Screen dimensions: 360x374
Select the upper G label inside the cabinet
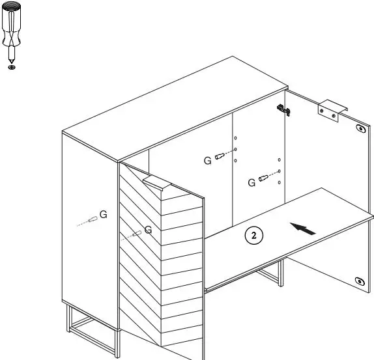coord(207,161)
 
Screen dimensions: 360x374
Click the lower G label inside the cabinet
coord(252,184)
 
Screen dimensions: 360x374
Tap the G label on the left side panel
coord(102,215)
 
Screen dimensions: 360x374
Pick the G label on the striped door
coord(148,229)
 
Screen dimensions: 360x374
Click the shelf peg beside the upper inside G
coord(224,156)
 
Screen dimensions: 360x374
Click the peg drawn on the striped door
coord(136,234)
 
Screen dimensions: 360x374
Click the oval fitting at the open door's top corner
coord(360,128)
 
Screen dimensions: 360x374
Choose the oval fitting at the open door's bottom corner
coord(360,281)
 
